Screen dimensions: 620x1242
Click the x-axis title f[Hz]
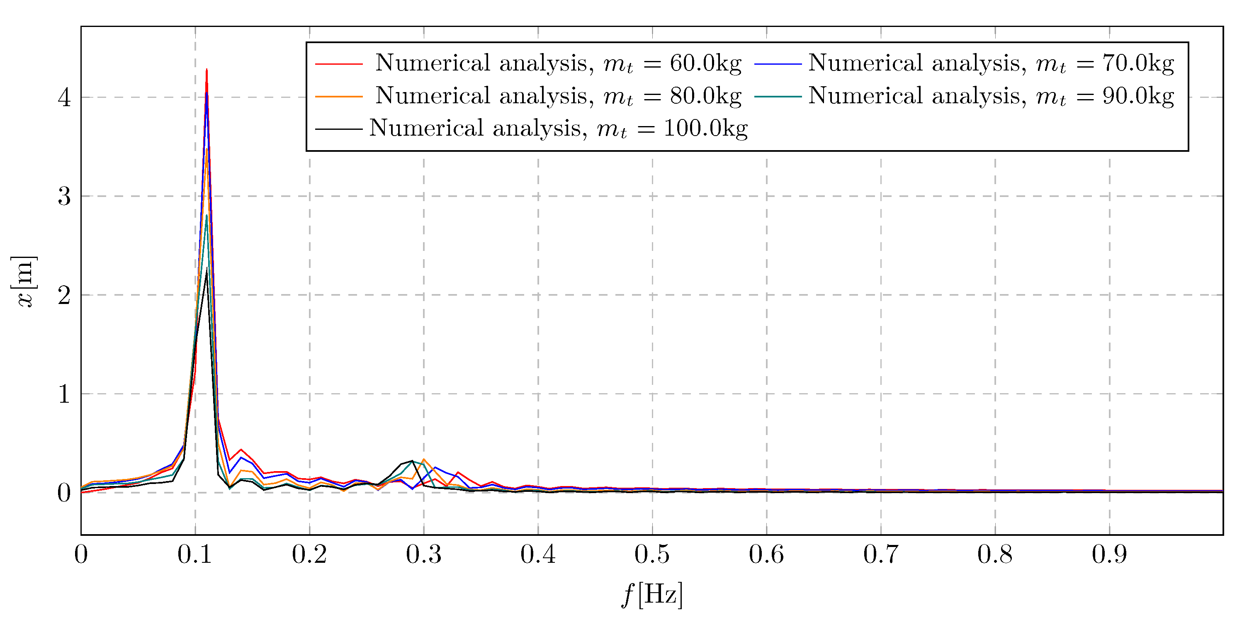[x=652, y=594]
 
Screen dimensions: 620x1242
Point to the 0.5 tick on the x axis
[x=652, y=554]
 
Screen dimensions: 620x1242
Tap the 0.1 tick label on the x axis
[x=195, y=554]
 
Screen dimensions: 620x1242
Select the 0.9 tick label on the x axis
[x=1109, y=554]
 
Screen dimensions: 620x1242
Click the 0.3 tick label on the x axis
[x=423, y=554]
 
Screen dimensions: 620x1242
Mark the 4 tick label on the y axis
[x=64, y=97]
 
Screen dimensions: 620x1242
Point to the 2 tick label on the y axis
[x=64, y=295]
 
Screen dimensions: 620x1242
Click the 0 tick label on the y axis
[x=64, y=493]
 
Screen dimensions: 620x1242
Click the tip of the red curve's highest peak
[x=207, y=70]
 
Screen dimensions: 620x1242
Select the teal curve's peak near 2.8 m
[x=207, y=216]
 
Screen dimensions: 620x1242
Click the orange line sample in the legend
[x=338, y=97]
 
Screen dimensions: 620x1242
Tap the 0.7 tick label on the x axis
[x=880, y=554]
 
